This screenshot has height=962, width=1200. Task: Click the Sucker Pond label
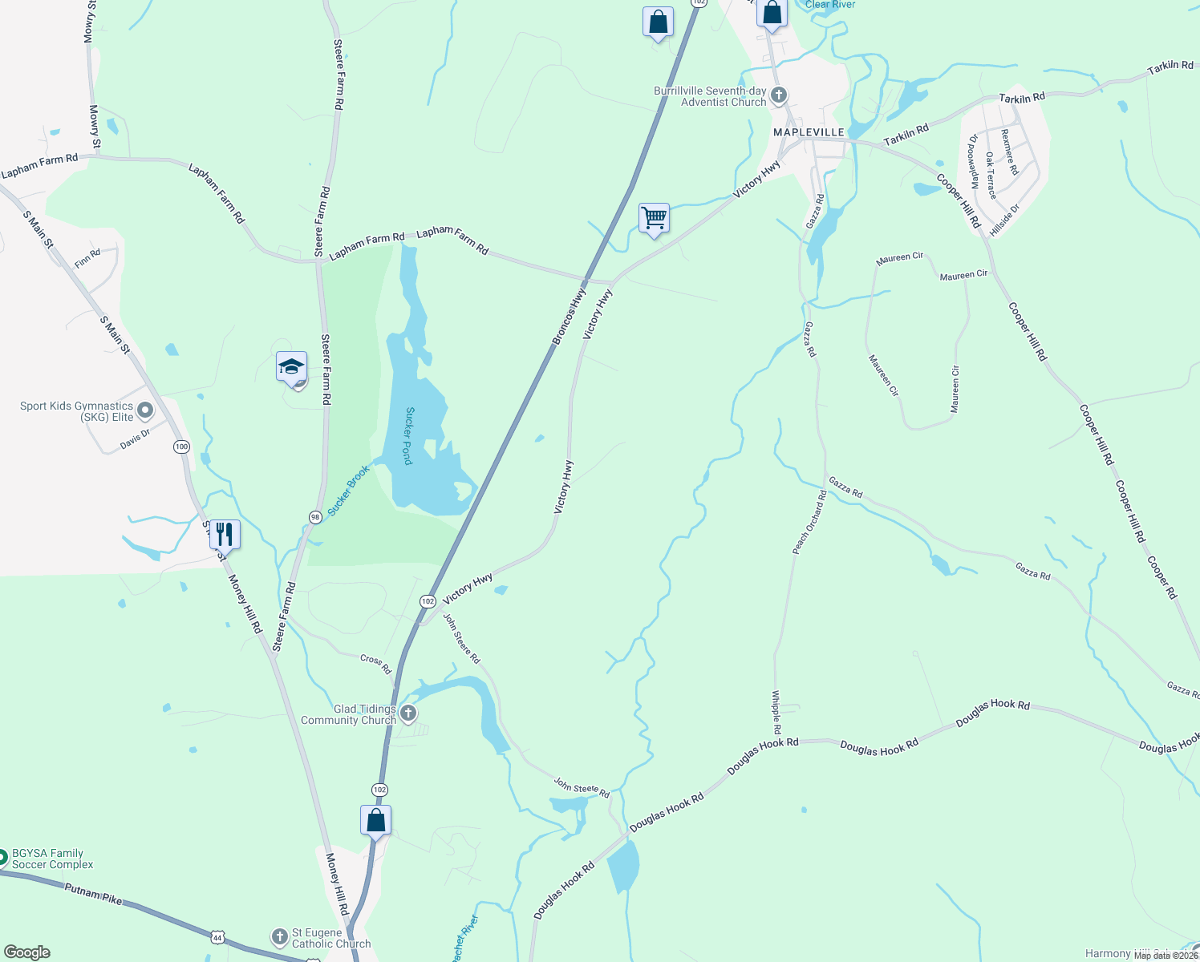coord(409,436)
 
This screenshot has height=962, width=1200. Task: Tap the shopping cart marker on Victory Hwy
coord(655,218)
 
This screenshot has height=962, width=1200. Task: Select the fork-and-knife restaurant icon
coord(225,534)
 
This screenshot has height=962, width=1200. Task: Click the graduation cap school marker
coord(291,367)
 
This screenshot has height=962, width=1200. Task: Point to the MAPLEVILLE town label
coord(809,132)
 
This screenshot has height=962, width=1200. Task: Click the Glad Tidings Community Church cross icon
coord(408,713)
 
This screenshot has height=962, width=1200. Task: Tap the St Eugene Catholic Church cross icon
coord(279,936)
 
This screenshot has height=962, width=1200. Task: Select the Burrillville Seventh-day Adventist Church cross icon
coord(778,96)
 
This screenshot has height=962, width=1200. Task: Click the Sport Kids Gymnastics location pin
coord(145,411)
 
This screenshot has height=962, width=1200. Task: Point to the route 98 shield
coord(315,517)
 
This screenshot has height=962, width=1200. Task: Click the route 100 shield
coord(181,447)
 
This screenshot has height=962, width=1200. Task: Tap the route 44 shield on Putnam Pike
coord(217,937)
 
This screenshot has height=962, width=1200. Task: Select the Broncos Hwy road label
coord(570,317)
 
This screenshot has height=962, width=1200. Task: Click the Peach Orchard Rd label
coord(809,522)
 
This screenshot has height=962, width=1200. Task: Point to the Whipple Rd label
coord(776,713)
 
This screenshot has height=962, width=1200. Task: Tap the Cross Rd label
coord(375,663)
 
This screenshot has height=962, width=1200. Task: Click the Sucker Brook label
coord(349,490)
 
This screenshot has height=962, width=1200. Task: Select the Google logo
coord(26,952)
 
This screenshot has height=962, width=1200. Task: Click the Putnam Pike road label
coord(93,894)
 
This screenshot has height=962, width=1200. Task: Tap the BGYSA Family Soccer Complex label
coord(52,859)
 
